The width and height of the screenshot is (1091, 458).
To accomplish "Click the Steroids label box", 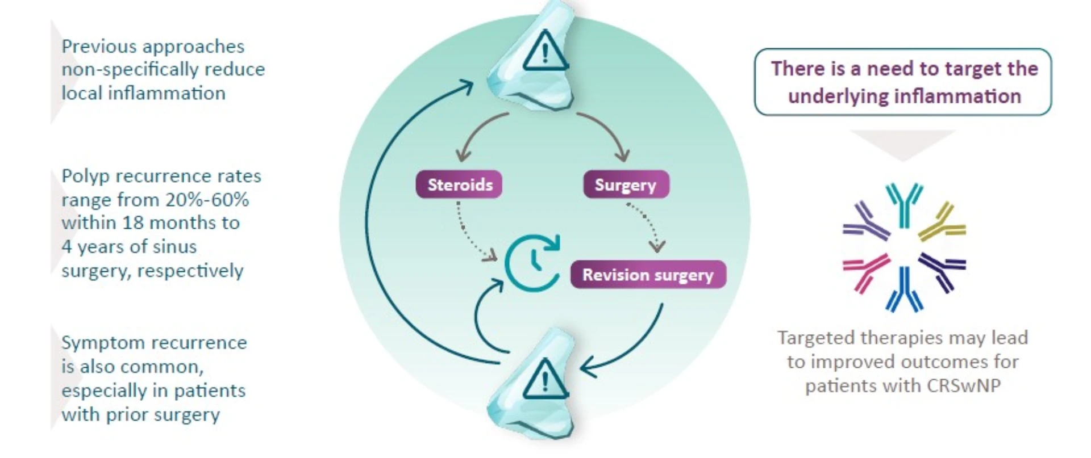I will click(x=459, y=184).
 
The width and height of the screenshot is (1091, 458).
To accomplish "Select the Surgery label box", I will click(x=626, y=184).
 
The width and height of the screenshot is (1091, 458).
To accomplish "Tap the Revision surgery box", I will click(x=648, y=275).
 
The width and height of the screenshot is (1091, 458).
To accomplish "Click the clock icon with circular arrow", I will click(x=533, y=262).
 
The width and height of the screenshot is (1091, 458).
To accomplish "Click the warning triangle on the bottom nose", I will click(x=545, y=379).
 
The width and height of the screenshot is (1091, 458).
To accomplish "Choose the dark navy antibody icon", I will click(x=942, y=270).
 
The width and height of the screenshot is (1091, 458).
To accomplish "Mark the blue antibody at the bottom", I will click(x=904, y=289).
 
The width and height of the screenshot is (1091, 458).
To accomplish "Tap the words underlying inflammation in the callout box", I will click(x=904, y=96).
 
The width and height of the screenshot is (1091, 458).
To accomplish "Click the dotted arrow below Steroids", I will click(x=469, y=233).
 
